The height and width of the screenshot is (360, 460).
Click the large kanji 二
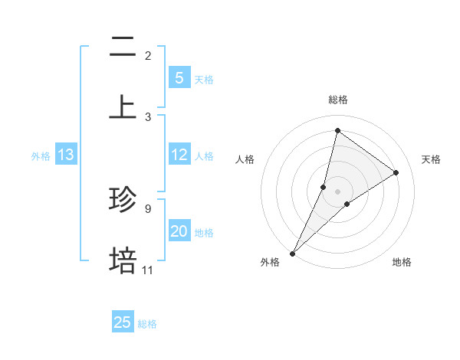pyautogui.click(x=123, y=47)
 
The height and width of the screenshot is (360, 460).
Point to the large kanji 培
pyautogui.click(x=123, y=260)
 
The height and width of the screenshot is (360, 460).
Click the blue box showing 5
pyautogui.click(x=179, y=78)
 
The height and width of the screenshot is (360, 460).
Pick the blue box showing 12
pyautogui.click(x=179, y=155)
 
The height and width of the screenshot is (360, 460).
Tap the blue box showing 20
pyautogui.click(x=179, y=231)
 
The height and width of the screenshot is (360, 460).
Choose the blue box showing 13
pyautogui.click(x=66, y=155)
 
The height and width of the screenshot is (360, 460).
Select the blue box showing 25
pyautogui.click(x=123, y=322)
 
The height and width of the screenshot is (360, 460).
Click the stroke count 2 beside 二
pyautogui.click(x=148, y=56)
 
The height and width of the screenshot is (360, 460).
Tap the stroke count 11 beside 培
pyautogui.click(x=147, y=270)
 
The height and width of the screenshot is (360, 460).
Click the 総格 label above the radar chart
pyautogui.click(x=337, y=100)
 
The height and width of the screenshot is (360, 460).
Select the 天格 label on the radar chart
pyautogui.click(x=431, y=159)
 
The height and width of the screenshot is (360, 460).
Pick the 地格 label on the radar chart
pyautogui.click(x=402, y=262)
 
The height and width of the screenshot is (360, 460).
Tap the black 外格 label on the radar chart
pyautogui.click(x=270, y=262)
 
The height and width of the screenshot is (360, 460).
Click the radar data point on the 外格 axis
pyautogui.click(x=293, y=253)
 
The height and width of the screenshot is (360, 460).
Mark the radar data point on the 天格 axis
pyautogui.click(x=396, y=173)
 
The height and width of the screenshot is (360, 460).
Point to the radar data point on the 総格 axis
pyautogui.click(x=337, y=130)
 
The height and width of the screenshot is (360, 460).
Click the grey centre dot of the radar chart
pyautogui.click(x=337, y=191)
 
